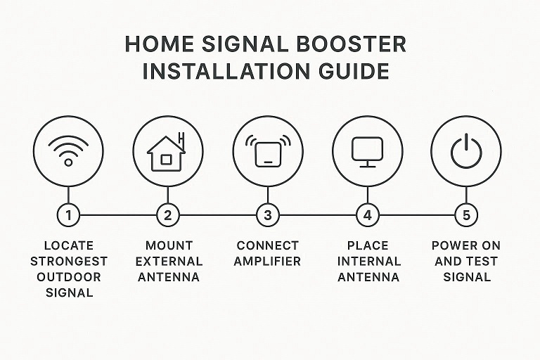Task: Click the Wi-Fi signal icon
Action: (x=68, y=151)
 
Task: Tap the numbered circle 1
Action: (x=68, y=215)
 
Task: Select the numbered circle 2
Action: (x=167, y=215)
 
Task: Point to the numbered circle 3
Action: (x=267, y=215)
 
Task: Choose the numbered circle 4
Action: (x=366, y=215)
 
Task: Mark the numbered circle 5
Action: (x=465, y=215)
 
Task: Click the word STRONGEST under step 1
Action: (x=69, y=261)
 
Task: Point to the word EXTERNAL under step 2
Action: (x=168, y=261)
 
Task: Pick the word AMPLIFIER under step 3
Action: (x=267, y=261)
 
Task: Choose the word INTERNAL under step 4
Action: (x=367, y=261)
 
